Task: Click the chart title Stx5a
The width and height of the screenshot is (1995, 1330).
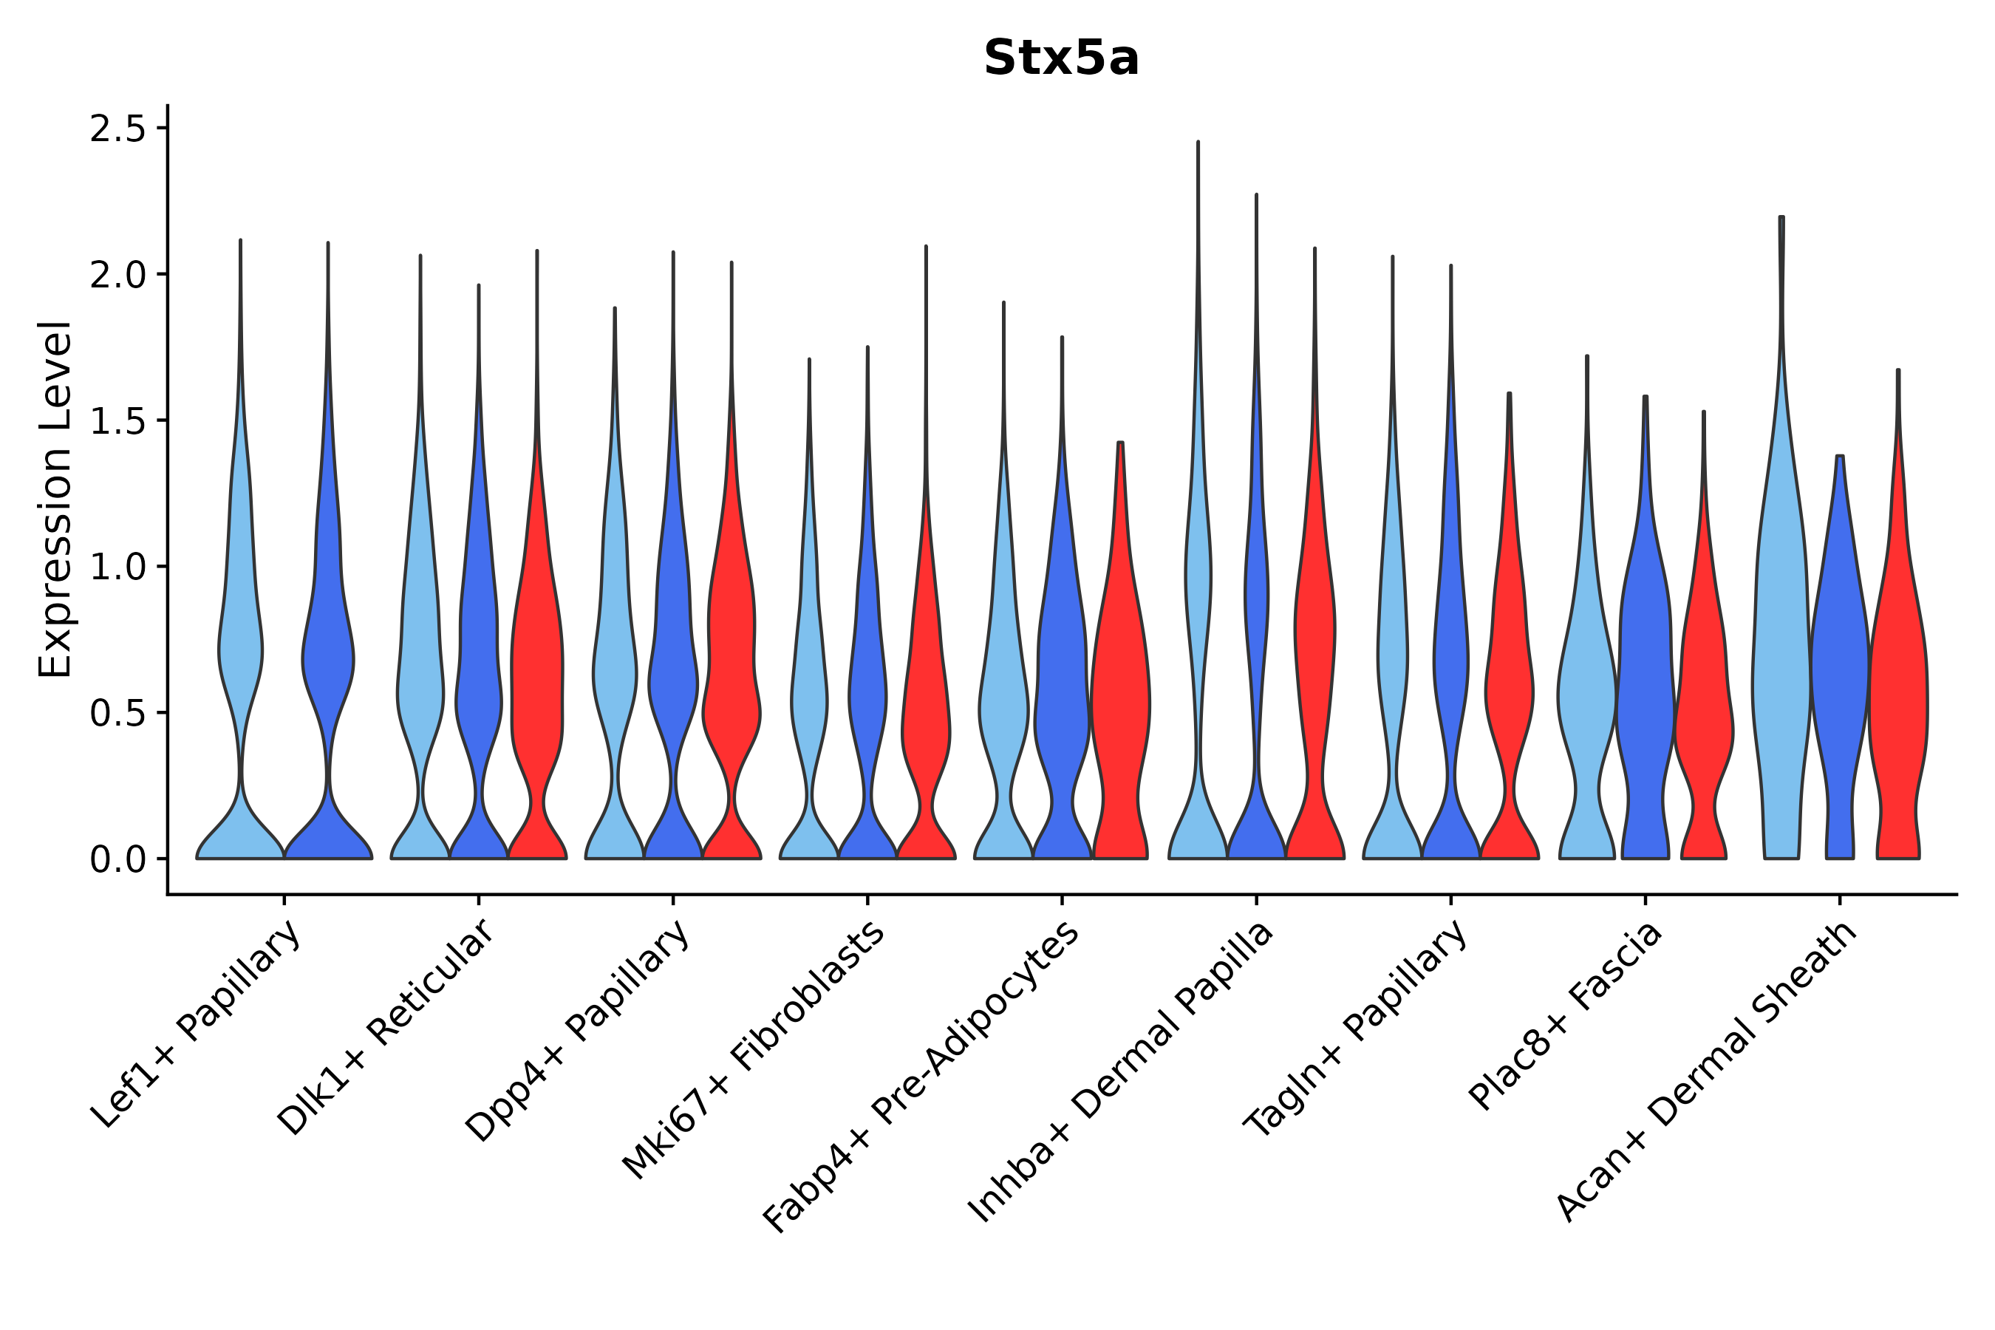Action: click(x=1060, y=59)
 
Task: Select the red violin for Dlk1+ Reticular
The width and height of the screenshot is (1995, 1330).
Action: click(x=536, y=678)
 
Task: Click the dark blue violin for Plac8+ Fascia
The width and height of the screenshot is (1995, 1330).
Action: click(x=1644, y=678)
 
